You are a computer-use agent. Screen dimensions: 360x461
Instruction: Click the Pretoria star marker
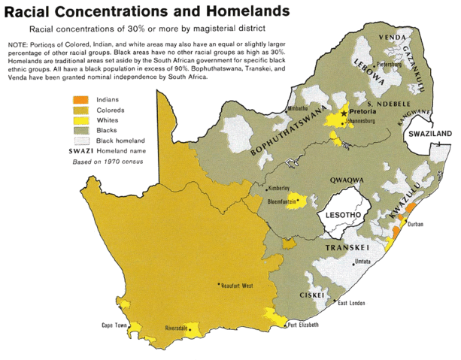[x=344, y=112]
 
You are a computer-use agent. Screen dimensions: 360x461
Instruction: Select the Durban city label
[x=416, y=224]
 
